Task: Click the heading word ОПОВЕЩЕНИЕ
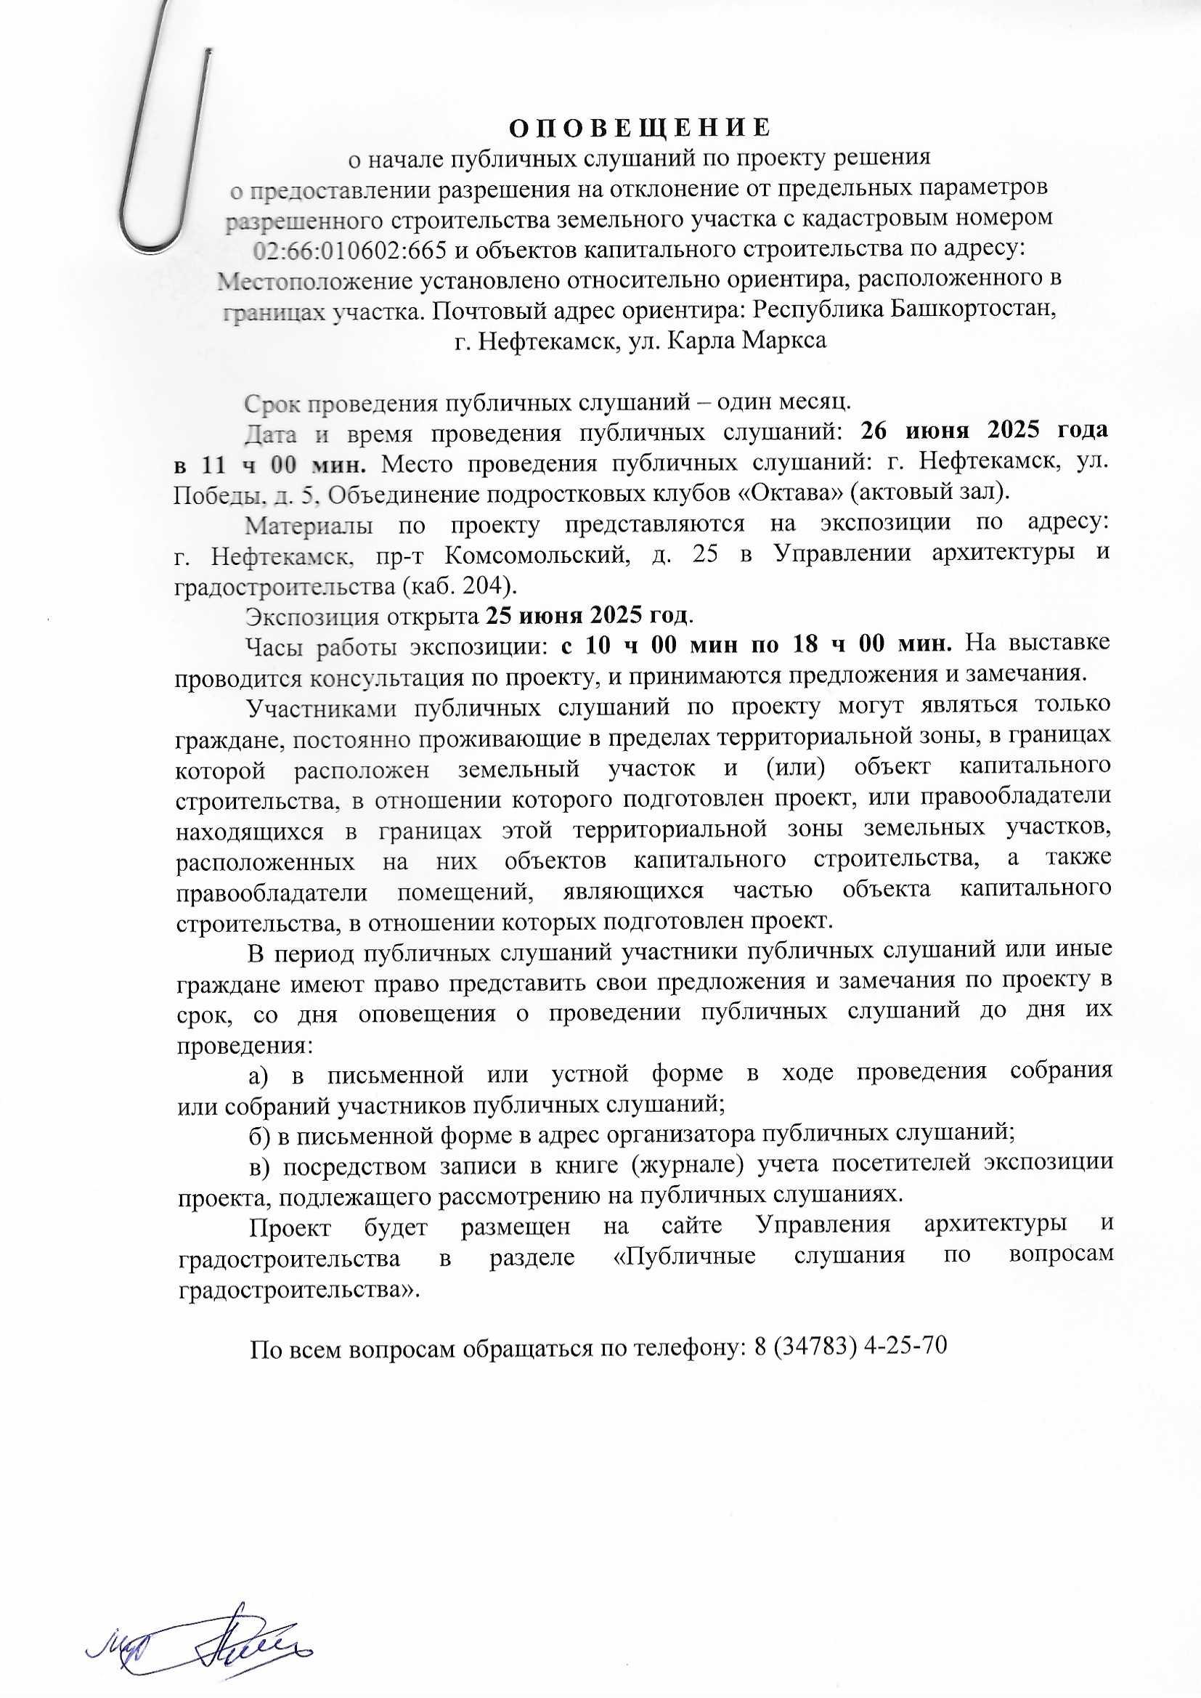pos(640,127)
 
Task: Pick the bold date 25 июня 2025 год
pos(589,615)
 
